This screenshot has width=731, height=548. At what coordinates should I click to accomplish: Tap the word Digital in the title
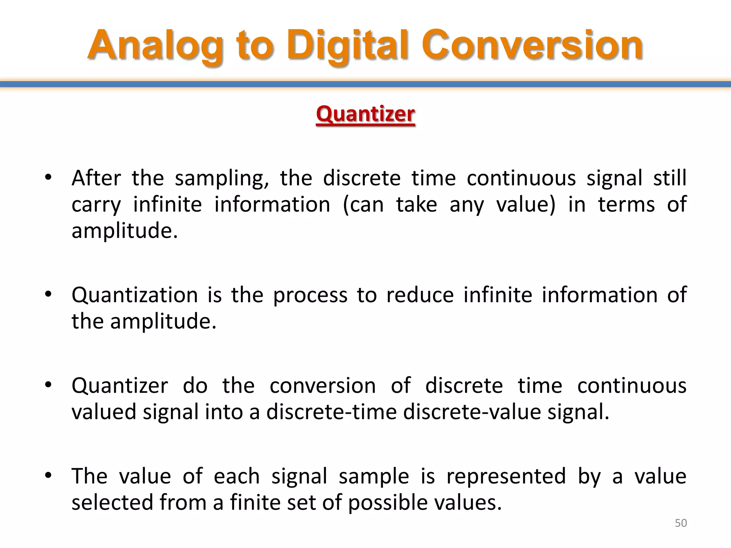tap(348, 46)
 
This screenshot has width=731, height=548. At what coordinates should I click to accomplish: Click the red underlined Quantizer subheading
tap(365, 114)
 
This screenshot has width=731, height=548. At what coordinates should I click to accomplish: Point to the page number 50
tap(681, 523)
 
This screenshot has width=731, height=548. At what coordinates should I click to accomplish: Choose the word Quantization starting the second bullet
tap(135, 295)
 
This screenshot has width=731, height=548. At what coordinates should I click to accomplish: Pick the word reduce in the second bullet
tap(420, 295)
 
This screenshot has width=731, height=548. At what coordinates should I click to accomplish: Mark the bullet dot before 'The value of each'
tap(49, 475)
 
